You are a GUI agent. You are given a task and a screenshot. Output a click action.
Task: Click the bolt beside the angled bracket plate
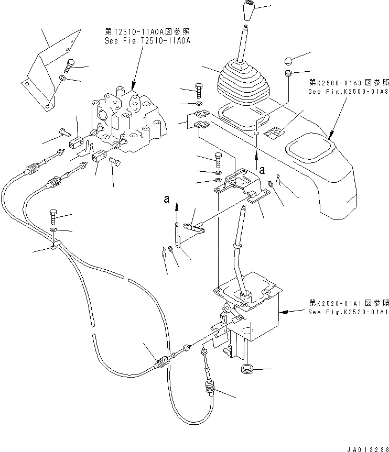pyautogui.click(x=71, y=65)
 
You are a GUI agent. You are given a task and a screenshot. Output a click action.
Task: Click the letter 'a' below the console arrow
pyautogui.click(x=262, y=169)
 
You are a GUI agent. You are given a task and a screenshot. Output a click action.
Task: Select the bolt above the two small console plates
pyautogui.click(x=198, y=90)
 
